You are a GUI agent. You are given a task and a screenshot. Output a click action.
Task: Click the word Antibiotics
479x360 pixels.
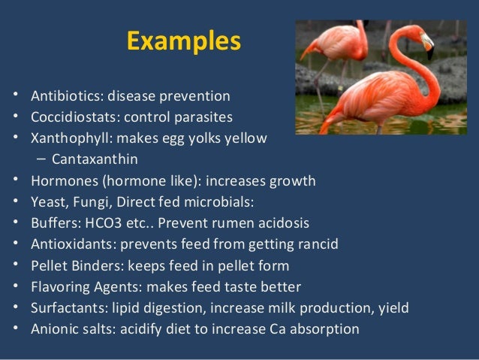pos(67,96)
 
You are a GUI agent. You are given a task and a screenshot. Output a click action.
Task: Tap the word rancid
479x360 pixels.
pos(318,244)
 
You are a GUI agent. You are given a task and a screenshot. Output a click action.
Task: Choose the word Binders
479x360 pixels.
pos(97,265)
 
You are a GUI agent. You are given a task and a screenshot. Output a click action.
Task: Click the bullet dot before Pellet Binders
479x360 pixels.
pos(17,265)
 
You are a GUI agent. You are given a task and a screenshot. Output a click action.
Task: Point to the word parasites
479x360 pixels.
pos(206,117)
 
